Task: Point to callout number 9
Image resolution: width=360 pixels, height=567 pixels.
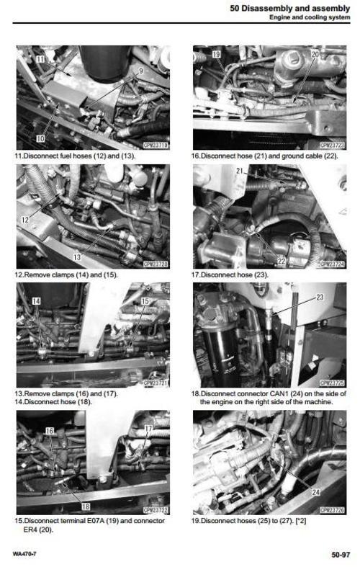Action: click(x=140, y=71)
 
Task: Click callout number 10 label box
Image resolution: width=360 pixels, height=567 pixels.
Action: click(x=41, y=136)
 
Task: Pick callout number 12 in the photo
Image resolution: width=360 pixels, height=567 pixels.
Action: click(x=26, y=220)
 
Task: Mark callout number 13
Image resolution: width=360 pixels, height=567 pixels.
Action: click(x=77, y=257)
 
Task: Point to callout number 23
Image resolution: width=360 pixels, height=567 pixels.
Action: click(x=320, y=297)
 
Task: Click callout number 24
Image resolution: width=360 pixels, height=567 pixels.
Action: click(x=315, y=493)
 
